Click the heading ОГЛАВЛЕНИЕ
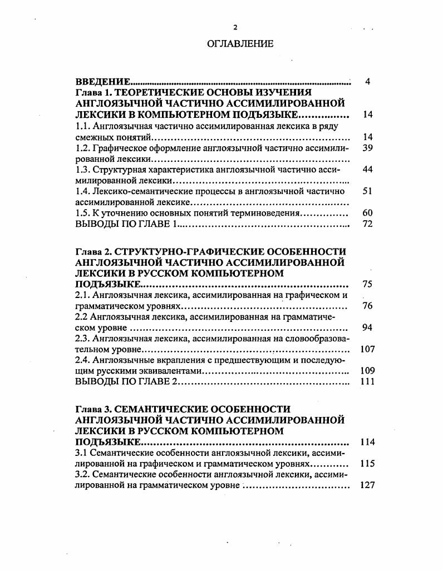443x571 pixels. tap(240, 44)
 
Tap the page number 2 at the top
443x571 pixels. tap(235, 27)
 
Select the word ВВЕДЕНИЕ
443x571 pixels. tap(103, 82)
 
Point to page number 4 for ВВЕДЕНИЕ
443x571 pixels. tap(368, 82)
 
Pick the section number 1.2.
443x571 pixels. tap(82, 148)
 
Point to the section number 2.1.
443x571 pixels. tap(82, 295)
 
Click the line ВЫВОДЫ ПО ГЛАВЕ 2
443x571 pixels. tap(126, 382)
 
